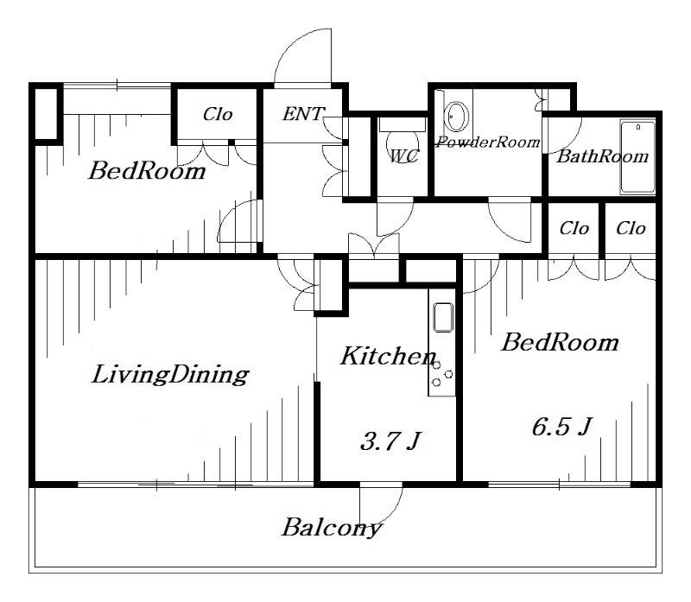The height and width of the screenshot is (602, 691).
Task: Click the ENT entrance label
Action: [x=303, y=114]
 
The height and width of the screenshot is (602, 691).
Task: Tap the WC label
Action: [x=405, y=156]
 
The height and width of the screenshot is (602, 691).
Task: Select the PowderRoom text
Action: [x=488, y=143]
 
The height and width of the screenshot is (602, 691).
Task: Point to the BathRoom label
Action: [x=602, y=156]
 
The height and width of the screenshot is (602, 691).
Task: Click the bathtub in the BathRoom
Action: [x=637, y=157]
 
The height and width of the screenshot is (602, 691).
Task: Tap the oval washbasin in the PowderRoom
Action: [x=456, y=117]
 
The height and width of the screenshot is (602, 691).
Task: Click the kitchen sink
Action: [x=443, y=317]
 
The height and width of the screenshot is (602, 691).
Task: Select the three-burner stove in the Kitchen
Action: [x=442, y=374]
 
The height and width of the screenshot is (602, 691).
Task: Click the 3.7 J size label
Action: [x=390, y=440]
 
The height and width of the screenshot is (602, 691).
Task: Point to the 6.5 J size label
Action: [x=561, y=427]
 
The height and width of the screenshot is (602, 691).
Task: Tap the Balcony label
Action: [x=332, y=528]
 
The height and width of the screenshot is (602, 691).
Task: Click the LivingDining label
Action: [x=170, y=375]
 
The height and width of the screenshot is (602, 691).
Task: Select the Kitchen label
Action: [x=389, y=356]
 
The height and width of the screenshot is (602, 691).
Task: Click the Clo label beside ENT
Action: [x=218, y=115]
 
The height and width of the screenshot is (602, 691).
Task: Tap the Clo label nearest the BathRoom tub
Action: [x=631, y=228]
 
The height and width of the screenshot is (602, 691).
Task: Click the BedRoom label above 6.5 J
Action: [x=560, y=342]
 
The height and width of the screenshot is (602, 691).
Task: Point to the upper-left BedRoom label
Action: [x=147, y=171]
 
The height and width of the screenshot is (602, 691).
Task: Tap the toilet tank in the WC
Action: [x=403, y=124]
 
